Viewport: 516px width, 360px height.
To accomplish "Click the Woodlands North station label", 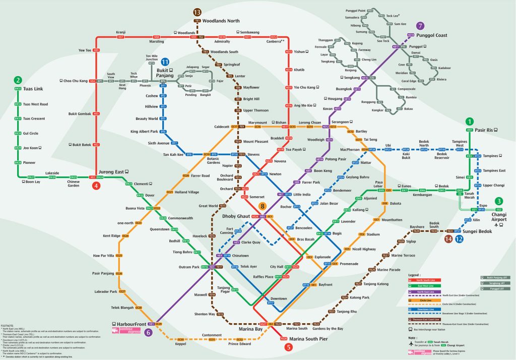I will pyautogui.click(x=221, y=21).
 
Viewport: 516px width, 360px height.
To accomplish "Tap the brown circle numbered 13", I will pyautogui.click(x=197, y=12).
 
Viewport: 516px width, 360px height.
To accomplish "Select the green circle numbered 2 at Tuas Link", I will pyautogui.click(x=18, y=80).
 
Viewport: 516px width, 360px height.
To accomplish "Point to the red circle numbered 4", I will pyautogui.click(x=96, y=186).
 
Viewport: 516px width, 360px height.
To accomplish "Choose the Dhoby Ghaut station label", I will pyautogui.click(x=236, y=216).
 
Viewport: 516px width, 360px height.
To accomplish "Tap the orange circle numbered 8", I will pyautogui.click(x=262, y=206).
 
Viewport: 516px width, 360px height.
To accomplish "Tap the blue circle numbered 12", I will pyautogui.click(x=459, y=239).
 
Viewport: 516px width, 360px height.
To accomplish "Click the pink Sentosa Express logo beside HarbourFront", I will pyautogui.click(x=123, y=331).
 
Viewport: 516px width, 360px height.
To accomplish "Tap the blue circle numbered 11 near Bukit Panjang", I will pyautogui.click(x=165, y=62).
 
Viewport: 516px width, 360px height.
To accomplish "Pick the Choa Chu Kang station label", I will pyautogui.click(x=75, y=81).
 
